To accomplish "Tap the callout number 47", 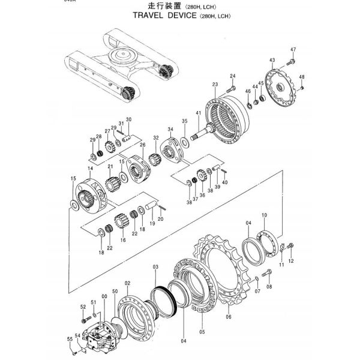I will tap(293, 49).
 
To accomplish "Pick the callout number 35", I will tap(185, 121).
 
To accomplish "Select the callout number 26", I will tap(143, 145).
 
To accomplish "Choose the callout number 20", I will tap(160, 220).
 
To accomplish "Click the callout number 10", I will tap(264, 215).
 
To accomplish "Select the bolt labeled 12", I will tap(291, 245).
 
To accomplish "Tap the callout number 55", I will tap(69, 340).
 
